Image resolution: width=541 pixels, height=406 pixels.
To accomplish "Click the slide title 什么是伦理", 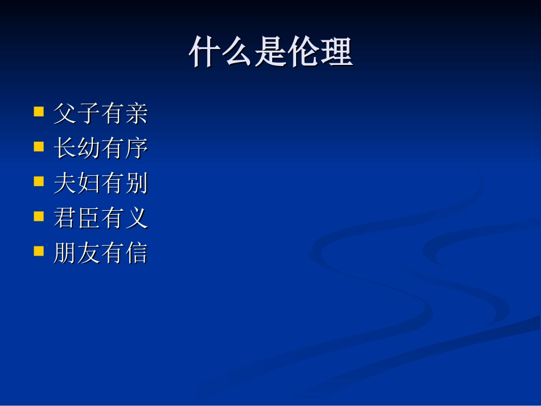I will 270,53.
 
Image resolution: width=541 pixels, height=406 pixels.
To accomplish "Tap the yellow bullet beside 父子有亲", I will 39,110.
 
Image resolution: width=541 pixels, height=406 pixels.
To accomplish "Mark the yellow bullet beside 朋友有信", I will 39,251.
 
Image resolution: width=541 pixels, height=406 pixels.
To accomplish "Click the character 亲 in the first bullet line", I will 136,114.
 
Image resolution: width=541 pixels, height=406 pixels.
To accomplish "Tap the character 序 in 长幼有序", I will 136,149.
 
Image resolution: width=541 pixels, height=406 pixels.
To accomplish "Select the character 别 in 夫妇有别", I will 136,184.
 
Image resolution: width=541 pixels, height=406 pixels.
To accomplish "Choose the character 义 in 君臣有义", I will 136,219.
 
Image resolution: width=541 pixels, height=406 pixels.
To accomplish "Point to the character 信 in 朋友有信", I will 136,253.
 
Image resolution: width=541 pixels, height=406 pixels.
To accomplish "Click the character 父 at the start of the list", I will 65,114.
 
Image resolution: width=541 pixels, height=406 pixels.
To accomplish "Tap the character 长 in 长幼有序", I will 65,149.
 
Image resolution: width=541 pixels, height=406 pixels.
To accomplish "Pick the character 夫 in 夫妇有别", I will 65,184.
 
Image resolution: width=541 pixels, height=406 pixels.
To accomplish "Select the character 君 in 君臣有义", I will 65,219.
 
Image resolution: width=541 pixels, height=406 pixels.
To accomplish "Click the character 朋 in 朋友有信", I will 65,253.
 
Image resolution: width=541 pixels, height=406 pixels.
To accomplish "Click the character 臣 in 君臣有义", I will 89,219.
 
